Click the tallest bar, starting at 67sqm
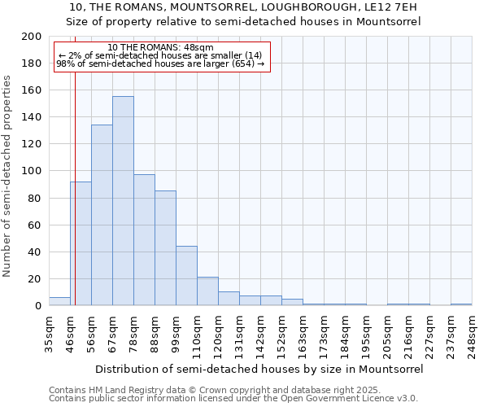pos(123,201)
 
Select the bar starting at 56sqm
pos(102,216)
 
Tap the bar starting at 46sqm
pos(81,243)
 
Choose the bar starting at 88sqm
pos(165,248)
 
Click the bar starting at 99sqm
pos(186,276)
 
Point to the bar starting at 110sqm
pos(207,291)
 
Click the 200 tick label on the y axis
pos(32,37)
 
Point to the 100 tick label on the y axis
pos(32,171)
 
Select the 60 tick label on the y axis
pos(35,225)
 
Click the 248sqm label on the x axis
pos(472,334)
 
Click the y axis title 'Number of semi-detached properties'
pos(8,176)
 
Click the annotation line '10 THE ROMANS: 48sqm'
pos(160,47)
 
